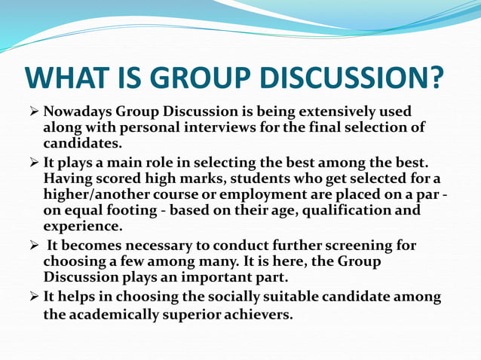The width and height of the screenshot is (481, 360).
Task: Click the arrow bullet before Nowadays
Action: point(32,112)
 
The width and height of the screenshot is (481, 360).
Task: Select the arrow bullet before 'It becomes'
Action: point(32,246)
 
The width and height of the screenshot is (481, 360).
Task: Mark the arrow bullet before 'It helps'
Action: point(32,297)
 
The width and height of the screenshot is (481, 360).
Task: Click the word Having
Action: point(70,179)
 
